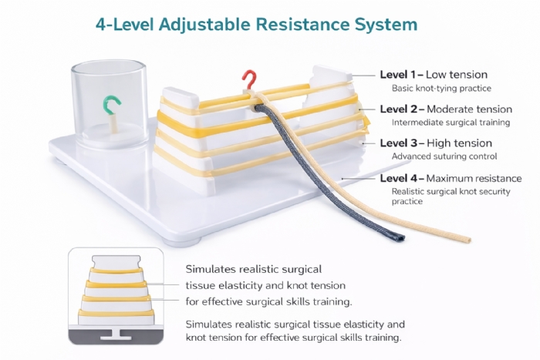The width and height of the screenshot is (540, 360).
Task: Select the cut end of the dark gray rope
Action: pos(400,238)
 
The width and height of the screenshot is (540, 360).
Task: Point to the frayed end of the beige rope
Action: pos(467,240)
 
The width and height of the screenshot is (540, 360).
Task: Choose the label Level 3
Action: pos(399,143)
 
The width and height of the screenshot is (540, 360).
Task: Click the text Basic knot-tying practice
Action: pos(441,89)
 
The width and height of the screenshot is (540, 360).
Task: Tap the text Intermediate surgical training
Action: pos(451,123)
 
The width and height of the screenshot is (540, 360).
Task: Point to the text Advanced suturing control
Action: pos(444,156)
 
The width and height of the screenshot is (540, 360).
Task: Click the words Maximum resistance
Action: pos(474,178)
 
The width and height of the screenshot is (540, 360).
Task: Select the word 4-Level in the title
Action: pos(125,25)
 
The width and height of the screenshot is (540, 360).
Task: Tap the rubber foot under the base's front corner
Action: pos(184,242)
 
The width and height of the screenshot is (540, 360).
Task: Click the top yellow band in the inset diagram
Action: pos(116,271)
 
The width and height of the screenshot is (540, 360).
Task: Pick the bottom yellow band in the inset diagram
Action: pos(116,313)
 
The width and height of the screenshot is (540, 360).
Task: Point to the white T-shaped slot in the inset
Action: pos(116,335)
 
